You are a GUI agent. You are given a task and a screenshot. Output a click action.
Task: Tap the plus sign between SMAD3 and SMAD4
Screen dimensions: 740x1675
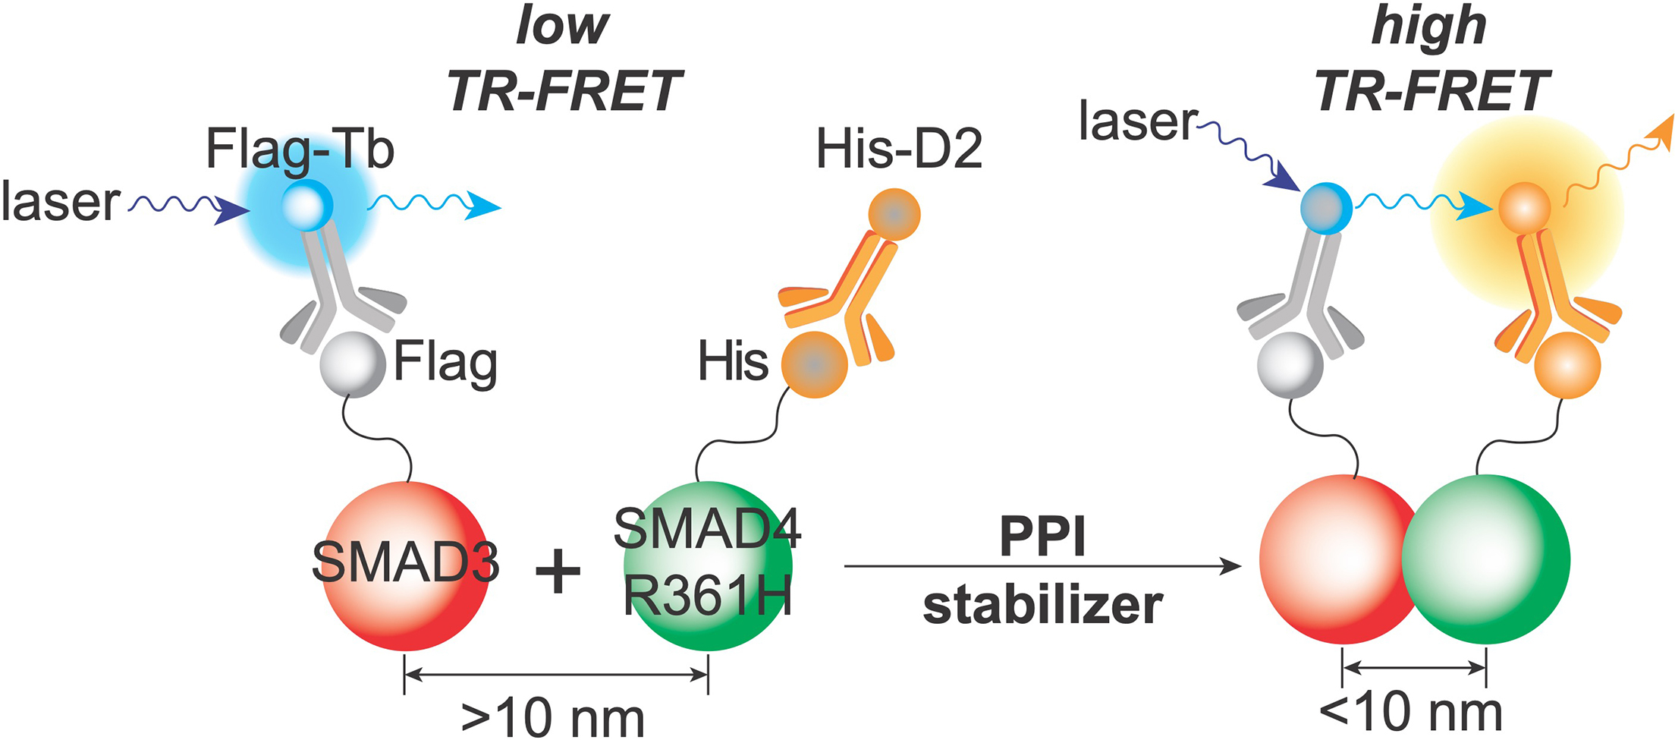(x=558, y=571)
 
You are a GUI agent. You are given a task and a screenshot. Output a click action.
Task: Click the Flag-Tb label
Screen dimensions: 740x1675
(x=300, y=150)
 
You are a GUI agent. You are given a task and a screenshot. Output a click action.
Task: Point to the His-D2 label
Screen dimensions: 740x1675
(x=899, y=150)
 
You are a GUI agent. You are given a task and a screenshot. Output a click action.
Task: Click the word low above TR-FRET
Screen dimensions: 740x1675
(x=562, y=27)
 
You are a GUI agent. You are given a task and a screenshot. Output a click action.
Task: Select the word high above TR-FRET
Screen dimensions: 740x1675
(x=1428, y=27)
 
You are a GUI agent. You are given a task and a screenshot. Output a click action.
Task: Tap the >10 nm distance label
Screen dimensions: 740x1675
(x=552, y=717)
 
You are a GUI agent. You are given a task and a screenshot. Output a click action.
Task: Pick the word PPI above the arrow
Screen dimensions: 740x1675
(x=1043, y=537)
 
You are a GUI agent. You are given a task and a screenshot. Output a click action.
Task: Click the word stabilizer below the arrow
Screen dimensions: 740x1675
(x=1043, y=606)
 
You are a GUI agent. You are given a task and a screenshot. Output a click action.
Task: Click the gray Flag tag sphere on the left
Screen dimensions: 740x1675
(x=353, y=364)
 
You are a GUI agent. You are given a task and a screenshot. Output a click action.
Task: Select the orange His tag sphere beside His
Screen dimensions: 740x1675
(x=815, y=364)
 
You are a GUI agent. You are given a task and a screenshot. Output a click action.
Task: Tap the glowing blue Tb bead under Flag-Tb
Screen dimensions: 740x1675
(x=307, y=205)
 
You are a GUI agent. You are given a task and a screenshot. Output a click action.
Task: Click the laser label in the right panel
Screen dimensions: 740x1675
(x=1138, y=121)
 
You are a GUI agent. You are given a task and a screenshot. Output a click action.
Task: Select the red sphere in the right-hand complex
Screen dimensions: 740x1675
(x=1331, y=559)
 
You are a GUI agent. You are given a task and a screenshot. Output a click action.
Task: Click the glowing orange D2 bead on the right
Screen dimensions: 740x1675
(x=1524, y=208)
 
